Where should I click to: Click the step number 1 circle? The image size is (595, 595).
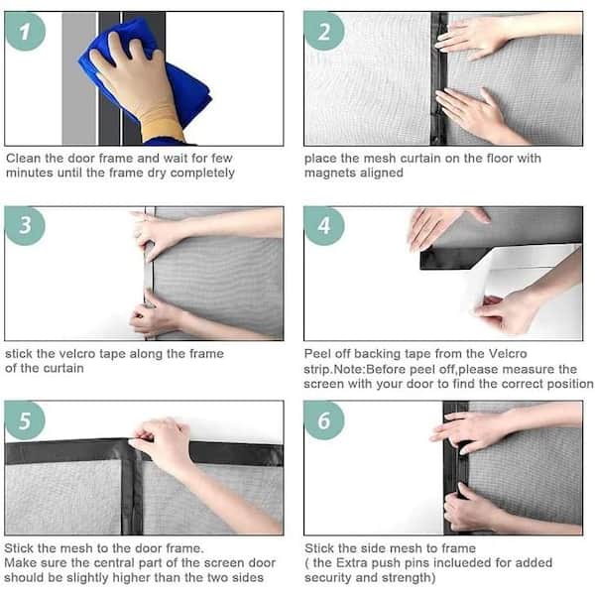coord(26,31)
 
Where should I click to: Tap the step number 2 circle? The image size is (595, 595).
coord(324,31)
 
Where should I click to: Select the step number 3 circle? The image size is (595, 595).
coord(25,225)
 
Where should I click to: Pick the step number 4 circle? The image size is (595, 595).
coord(324,225)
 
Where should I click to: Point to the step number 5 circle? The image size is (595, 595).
coord(25,420)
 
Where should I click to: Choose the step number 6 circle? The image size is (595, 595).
coord(324,420)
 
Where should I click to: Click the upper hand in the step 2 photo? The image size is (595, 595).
coord(474,35)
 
